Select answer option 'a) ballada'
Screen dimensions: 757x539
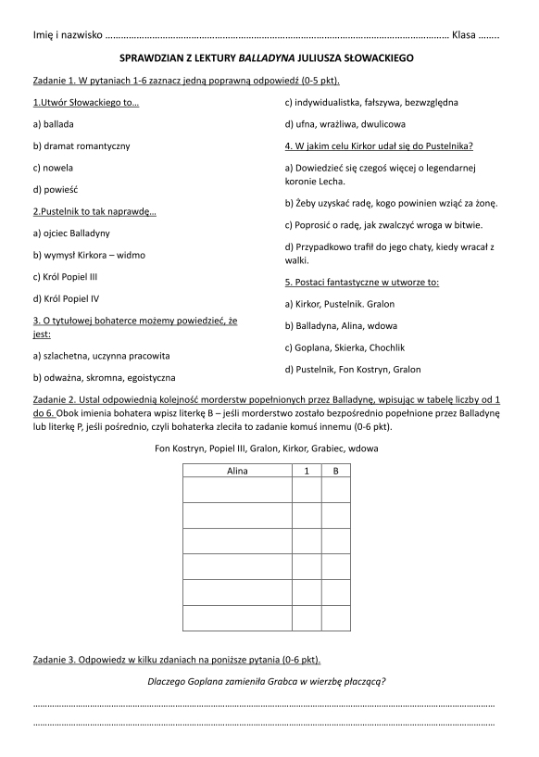(x=53, y=123)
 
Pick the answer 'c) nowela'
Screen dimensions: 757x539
(x=53, y=168)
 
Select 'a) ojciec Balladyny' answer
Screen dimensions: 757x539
(x=71, y=232)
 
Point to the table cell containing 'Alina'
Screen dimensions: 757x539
(x=237, y=471)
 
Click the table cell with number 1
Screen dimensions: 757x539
(x=307, y=471)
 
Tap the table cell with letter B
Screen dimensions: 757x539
(x=336, y=471)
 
